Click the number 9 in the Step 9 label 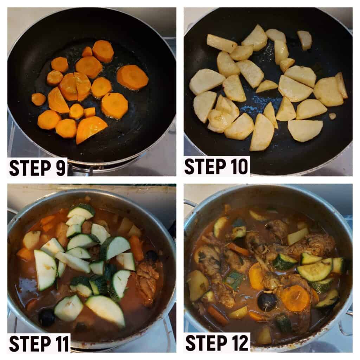tap(60, 168)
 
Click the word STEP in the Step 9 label tap(30, 168)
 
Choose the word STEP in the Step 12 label tap(206, 342)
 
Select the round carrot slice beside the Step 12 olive tap(295, 298)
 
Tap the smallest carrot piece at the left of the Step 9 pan tap(39, 99)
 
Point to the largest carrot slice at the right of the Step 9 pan tap(133, 77)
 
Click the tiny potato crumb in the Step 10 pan tap(332, 116)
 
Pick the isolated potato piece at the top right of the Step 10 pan tap(305, 40)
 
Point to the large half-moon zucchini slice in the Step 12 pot tap(315, 270)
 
